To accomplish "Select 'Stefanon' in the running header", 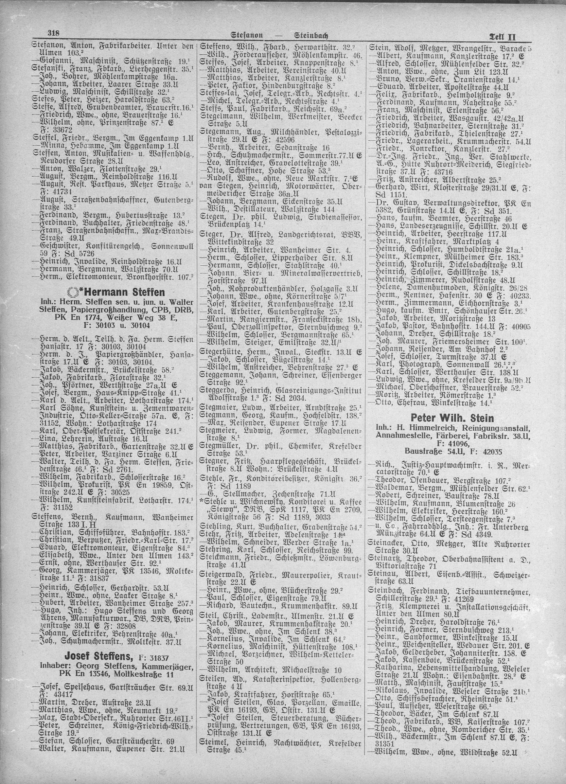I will [x=247, y=35].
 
